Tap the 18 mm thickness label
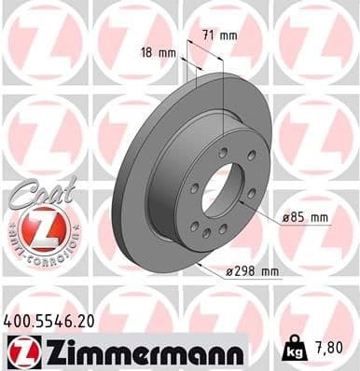pos(156,53)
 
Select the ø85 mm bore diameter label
pos(306,217)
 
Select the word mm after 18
pos(166,53)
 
